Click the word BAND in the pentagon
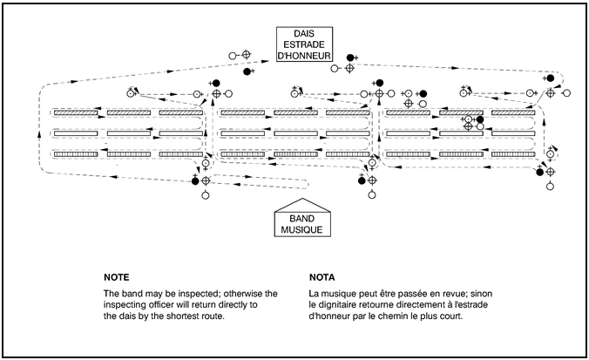click(x=301, y=219)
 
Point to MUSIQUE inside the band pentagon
click(x=301, y=230)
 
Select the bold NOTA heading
click(x=323, y=275)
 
